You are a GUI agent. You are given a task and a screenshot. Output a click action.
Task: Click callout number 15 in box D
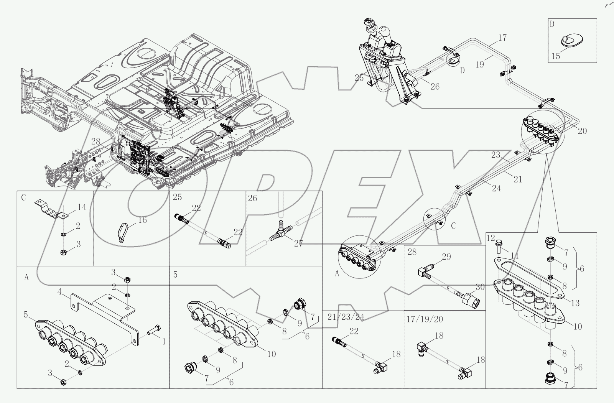pos(556,56)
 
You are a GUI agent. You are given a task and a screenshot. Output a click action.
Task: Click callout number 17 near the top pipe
pos(503,38)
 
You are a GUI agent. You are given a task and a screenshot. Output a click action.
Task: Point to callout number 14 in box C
pos(82,207)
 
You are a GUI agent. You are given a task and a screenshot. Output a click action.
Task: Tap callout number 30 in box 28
pos(480,286)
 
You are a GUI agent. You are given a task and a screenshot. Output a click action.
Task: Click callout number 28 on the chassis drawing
pos(95,141)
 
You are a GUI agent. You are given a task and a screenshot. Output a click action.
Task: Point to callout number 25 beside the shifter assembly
pos(359,77)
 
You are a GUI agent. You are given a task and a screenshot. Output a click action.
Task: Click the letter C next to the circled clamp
pos(453,225)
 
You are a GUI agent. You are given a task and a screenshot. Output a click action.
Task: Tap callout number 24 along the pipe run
pos(496,188)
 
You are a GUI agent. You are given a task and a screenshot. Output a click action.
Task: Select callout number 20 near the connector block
pos(582,131)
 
